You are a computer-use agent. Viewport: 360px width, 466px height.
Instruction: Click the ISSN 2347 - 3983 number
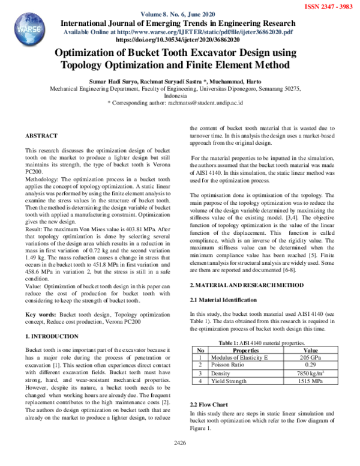pos(329,7)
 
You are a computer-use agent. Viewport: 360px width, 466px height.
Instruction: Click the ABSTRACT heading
pos(41,136)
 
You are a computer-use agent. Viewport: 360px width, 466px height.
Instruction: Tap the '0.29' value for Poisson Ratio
pos(311,365)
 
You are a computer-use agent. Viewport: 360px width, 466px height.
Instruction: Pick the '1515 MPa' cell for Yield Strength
pos(311,381)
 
